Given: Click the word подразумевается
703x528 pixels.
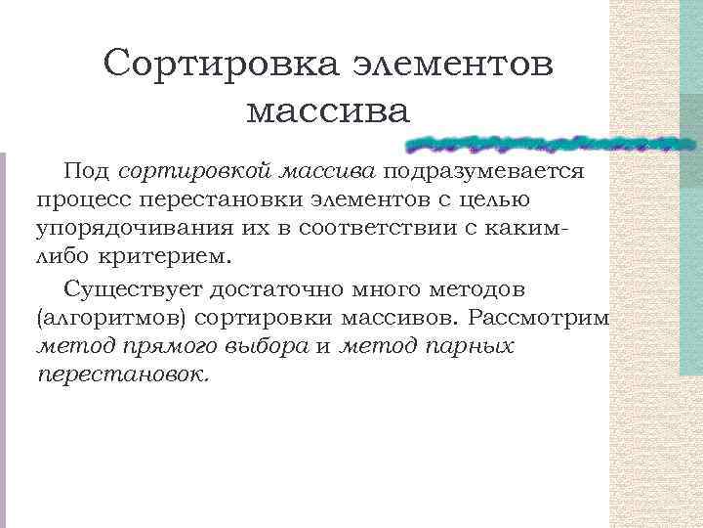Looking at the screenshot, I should (x=484, y=172).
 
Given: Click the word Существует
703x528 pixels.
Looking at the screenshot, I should (x=134, y=289).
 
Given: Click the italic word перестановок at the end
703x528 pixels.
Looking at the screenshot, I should (x=123, y=375).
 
